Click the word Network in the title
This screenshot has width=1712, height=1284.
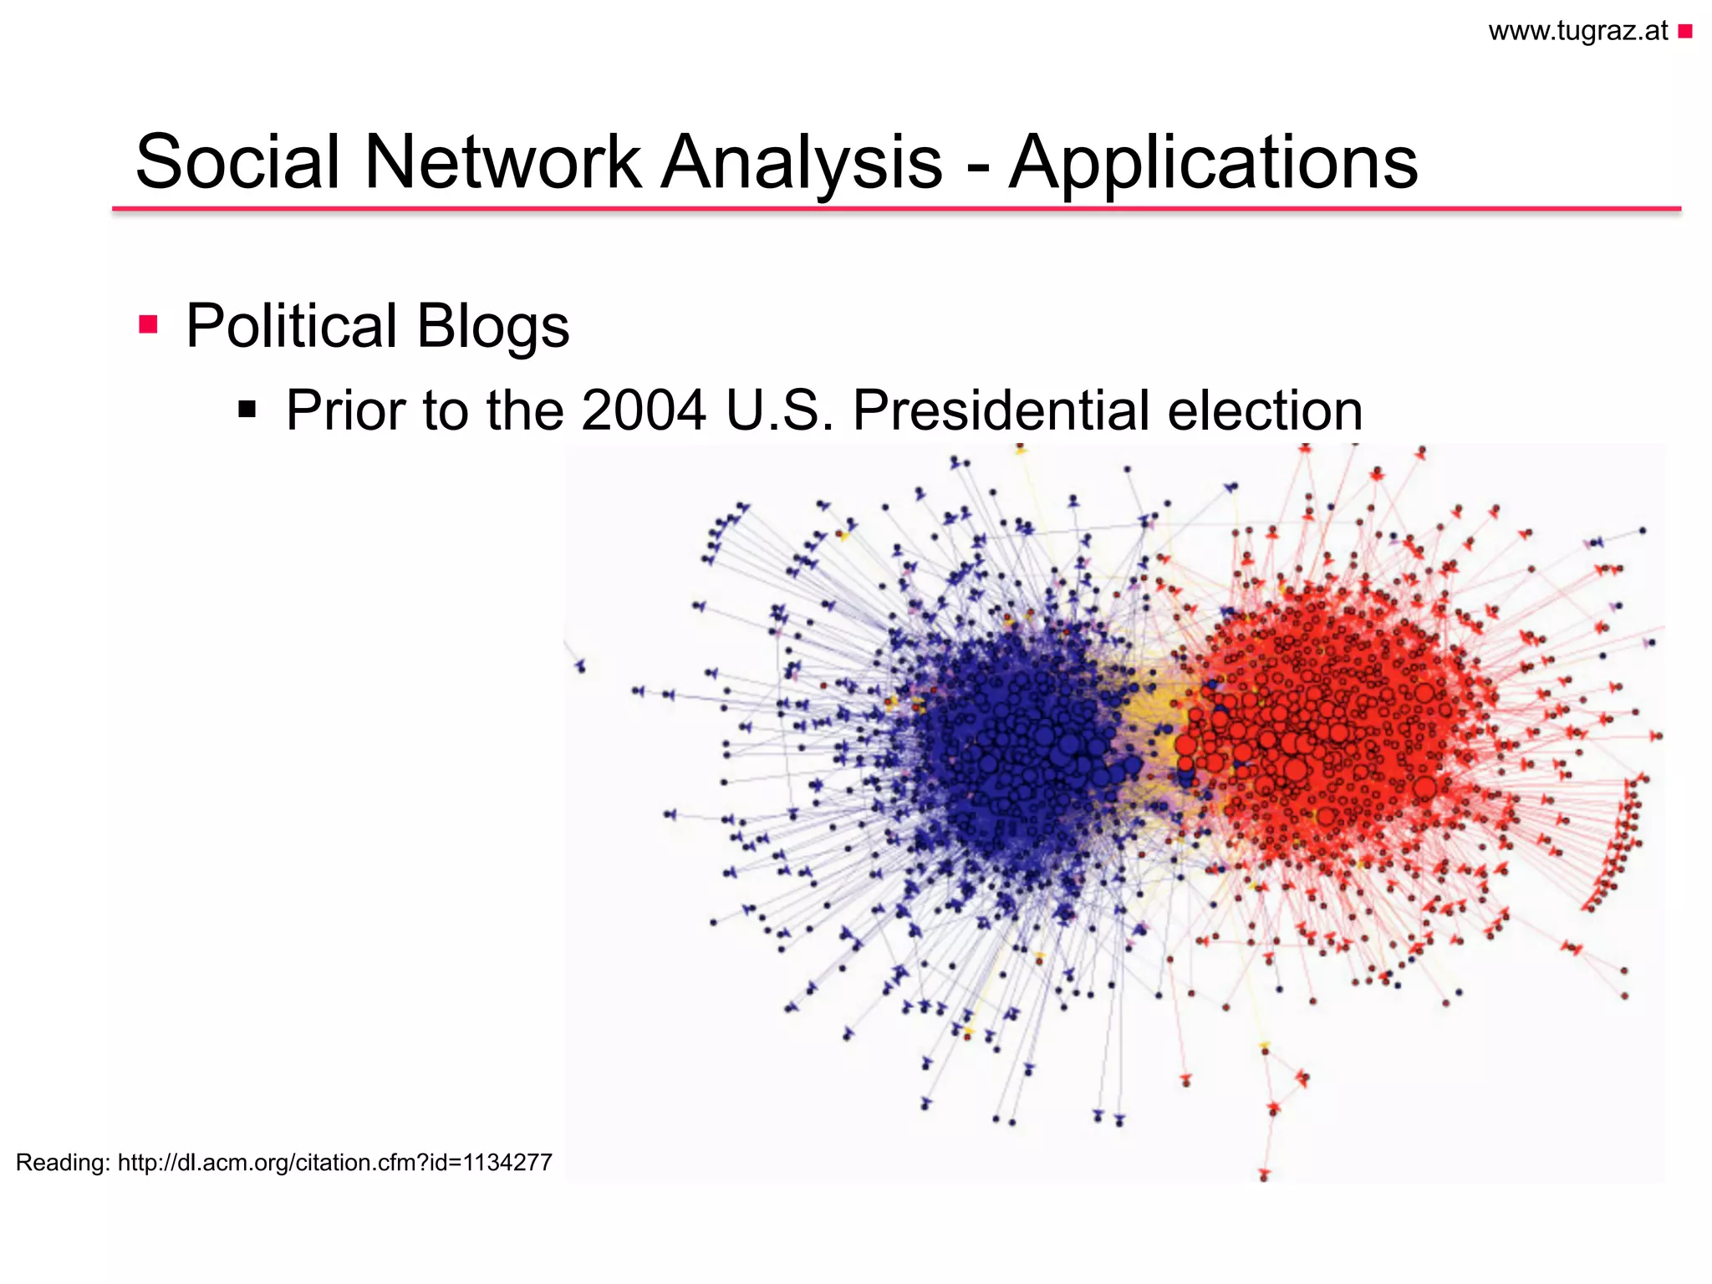point(502,161)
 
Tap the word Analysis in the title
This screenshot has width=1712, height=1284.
point(802,161)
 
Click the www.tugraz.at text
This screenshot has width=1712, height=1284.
point(1577,31)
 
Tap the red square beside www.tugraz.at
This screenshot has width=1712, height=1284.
point(1684,32)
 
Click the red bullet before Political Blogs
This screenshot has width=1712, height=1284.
point(148,324)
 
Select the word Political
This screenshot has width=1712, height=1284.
point(291,326)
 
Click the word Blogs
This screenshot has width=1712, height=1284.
point(493,326)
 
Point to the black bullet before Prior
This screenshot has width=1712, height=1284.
point(247,410)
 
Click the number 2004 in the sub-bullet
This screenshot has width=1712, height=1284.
point(643,410)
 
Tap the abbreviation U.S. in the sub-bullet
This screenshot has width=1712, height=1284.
point(779,410)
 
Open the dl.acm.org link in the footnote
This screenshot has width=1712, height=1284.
point(334,1163)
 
